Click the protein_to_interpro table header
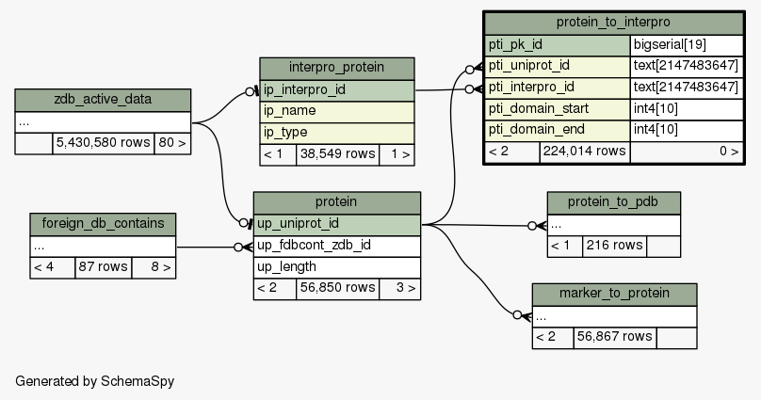pos(612,23)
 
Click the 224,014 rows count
pos(584,151)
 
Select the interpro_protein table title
pos(336,69)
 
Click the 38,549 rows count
pos(336,154)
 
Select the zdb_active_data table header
pos(103,100)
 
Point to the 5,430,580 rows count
pos(102,143)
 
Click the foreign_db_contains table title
pos(103,224)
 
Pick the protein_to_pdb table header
pos(613,202)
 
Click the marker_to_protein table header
pos(614,294)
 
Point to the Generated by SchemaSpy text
pos(95,381)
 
